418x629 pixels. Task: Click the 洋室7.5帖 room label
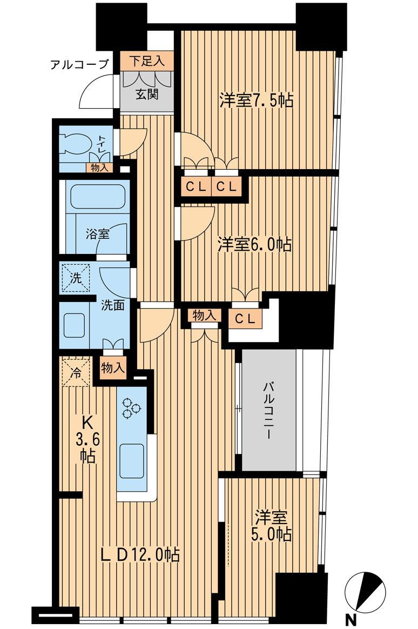point(256,100)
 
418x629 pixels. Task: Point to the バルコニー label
point(268,411)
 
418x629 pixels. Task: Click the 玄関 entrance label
point(146,94)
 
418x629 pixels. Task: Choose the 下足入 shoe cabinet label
point(147,61)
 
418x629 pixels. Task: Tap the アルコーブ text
point(80,64)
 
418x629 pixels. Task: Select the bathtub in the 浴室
point(98,196)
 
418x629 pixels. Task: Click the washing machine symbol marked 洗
point(76,277)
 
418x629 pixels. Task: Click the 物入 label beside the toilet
point(99,168)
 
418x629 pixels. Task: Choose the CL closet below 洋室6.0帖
point(245,319)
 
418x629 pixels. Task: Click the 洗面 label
point(112,305)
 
